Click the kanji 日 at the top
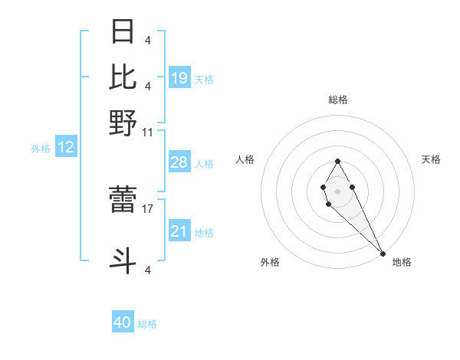tap(123, 33)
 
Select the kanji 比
tap(123, 77)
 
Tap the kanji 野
tap(123, 123)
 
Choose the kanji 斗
tap(123, 261)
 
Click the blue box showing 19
tap(179, 78)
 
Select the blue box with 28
tap(179, 162)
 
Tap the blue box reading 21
tap(179, 231)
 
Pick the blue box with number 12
tap(66, 148)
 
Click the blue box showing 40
tap(123, 322)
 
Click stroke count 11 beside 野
tap(147, 132)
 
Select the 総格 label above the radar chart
tap(337, 100)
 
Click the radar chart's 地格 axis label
tap(402, 262)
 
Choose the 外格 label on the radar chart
tap(270, 262)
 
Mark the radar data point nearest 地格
tap(383, 254)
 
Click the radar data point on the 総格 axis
tap(337, 161)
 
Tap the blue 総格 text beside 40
tap(147, 324)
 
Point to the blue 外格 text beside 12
tap(41, 149)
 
